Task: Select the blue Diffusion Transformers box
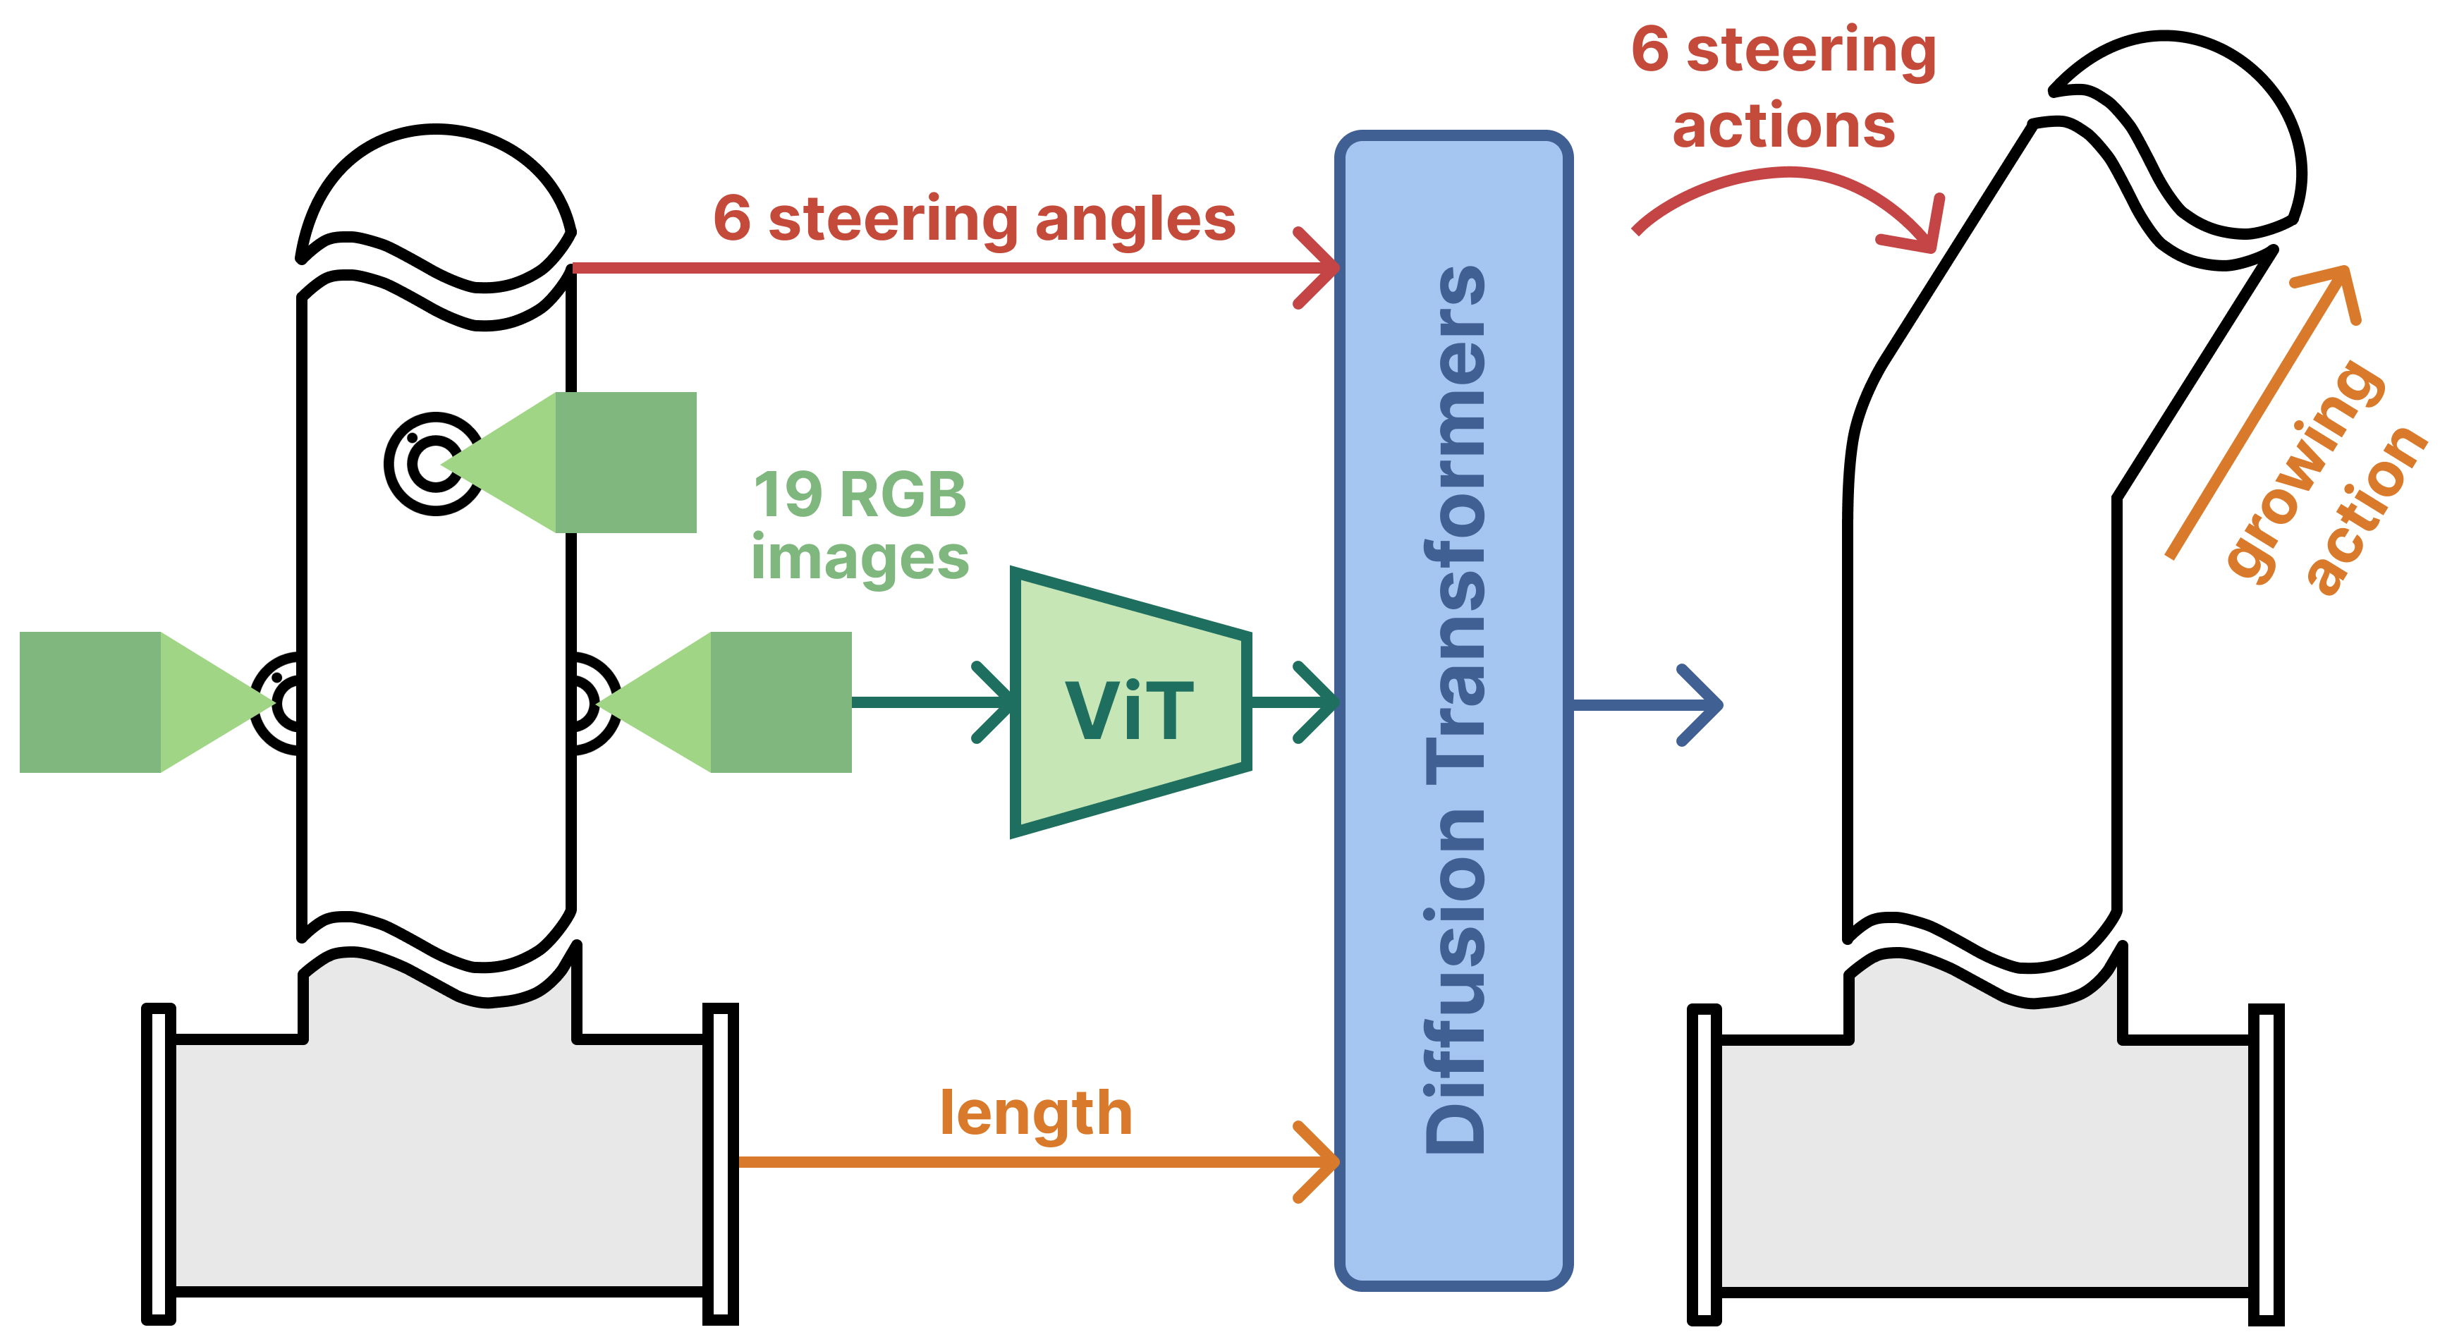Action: pyautogui.click(x=1454, y=710)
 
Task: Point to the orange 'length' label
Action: pyautogui.click(x=1036, y=1113)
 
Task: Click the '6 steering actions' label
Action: pyautogui.click(x=1783, y=87)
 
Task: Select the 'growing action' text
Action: pyautogui.click(x=2321, y=478)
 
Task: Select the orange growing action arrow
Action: pyautogui.click(x=2263, y=413)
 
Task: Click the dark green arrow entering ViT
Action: pyautogui.click(x=934, y=702)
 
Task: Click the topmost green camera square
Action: pyautogui.click(x=626, y=462)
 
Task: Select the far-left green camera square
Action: pyautogui.click(x=90, y=702)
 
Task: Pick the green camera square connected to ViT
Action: pyautogui.click(x=781, y=702)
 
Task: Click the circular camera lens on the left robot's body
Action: pyautogui.click(x=433, y=464)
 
